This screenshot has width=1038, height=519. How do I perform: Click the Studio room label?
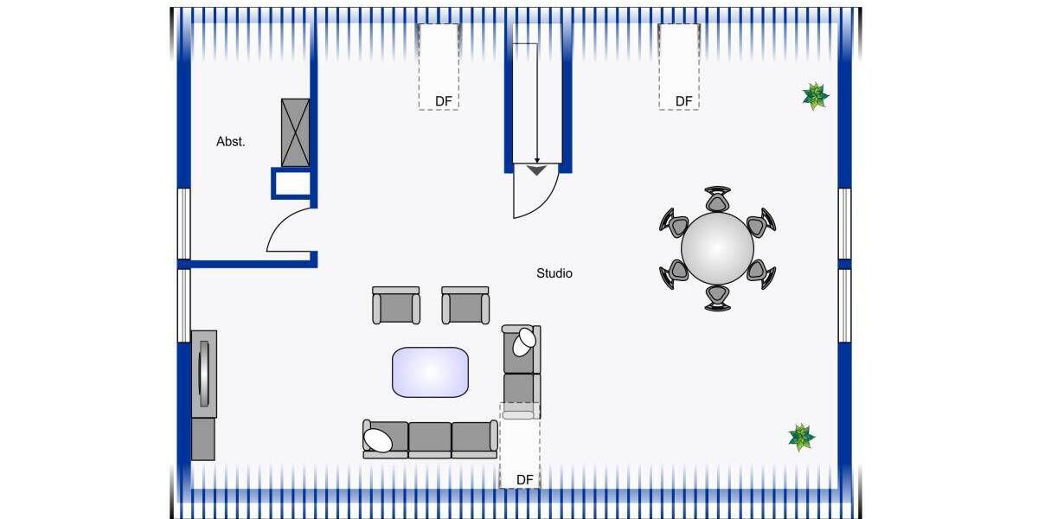coord(554,273)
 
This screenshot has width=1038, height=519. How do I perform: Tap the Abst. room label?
coord(230,141)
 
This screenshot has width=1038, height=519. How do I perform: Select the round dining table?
coord(717,248)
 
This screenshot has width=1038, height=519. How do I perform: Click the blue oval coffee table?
coord(431,372)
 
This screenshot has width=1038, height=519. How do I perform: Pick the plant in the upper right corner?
coord(816,96)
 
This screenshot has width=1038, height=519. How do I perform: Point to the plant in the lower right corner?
coord(802,437)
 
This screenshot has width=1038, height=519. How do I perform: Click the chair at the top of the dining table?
coord(717,199)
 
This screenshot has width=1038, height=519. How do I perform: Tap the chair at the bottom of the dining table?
coord(717,298)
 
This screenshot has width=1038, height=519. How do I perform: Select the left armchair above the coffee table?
coord(396,305)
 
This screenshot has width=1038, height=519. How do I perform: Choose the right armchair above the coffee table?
coord(465,305)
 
